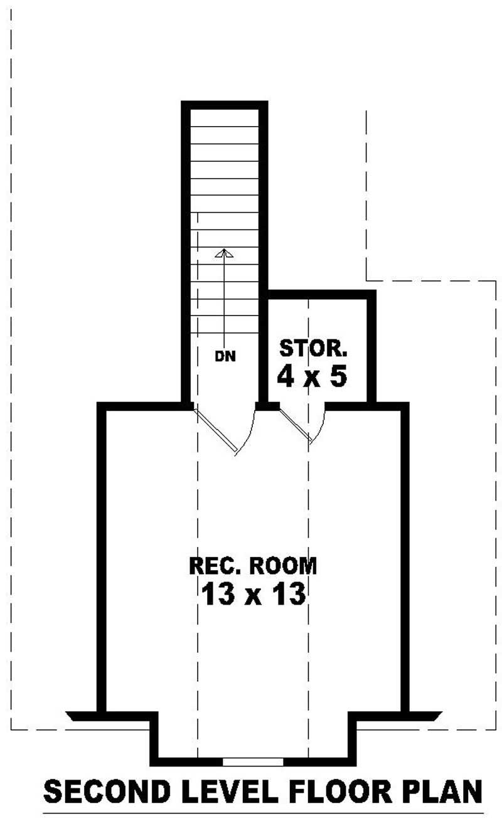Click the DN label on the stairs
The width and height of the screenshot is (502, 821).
click(225, 357)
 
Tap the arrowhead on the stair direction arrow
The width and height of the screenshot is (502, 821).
click(224, 253)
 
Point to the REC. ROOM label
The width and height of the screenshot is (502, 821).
click(253, 566)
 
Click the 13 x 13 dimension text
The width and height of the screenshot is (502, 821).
click(253, 594)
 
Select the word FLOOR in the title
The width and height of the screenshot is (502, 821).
click(341, 793)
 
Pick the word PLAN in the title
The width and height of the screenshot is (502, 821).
click(443, 793)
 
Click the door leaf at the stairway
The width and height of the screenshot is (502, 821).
click(216, 430)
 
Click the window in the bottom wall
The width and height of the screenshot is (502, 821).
click(253, 761)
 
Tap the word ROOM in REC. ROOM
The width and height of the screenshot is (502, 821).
click(282, 566)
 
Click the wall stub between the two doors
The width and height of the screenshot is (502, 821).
click(268, 406)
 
